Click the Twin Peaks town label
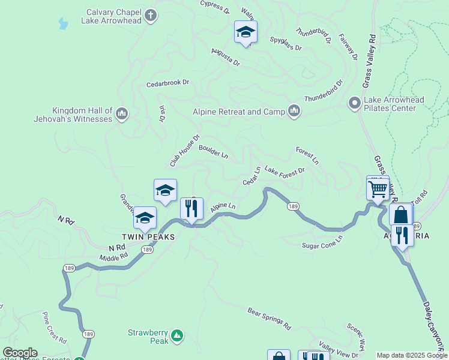(149, 237)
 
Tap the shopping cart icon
(378, 189)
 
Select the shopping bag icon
(400, 215)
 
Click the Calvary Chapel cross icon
(150, 14)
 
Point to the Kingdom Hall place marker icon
(121, 113)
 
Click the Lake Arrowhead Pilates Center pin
(354, 104)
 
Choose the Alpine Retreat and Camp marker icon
(294, 112)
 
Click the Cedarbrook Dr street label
(167, 83)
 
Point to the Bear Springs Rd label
(269, 319)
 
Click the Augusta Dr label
(226, 58)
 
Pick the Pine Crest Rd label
(55, 327)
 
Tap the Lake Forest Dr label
(285, 172)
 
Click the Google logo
(20, 353)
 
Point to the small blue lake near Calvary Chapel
(62, 24)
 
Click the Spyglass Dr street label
(286, 44)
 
